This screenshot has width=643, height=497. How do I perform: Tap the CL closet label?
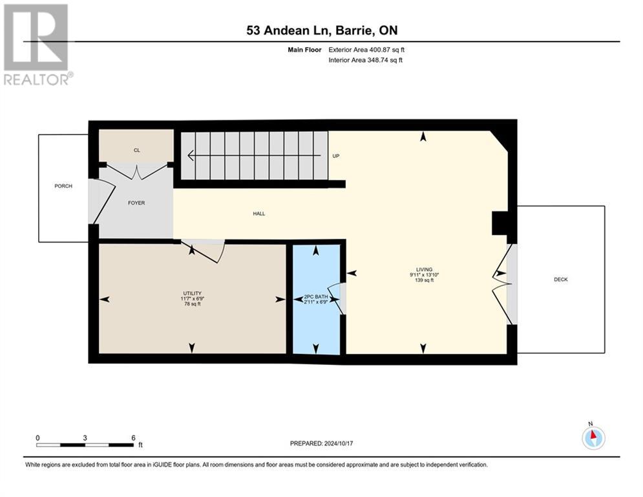[x=137, y=150]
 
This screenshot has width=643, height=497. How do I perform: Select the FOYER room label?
[x=136, y=203]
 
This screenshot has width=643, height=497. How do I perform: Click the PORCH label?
[x=63, y=186]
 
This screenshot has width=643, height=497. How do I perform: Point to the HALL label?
[x=259, y=214]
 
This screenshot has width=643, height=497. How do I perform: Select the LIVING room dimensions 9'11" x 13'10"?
[x=424, y=275]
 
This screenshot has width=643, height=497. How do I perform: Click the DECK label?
[x=561, y=280]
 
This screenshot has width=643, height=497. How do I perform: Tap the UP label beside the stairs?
[x=336, y=156]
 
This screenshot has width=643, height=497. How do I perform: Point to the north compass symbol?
[x=593, y=437]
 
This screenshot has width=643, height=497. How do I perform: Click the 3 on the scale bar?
[x=85, y=437]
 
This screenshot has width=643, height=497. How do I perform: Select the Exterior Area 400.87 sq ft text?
[x=366, y=50]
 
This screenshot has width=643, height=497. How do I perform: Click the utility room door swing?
[x=207, y=249]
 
